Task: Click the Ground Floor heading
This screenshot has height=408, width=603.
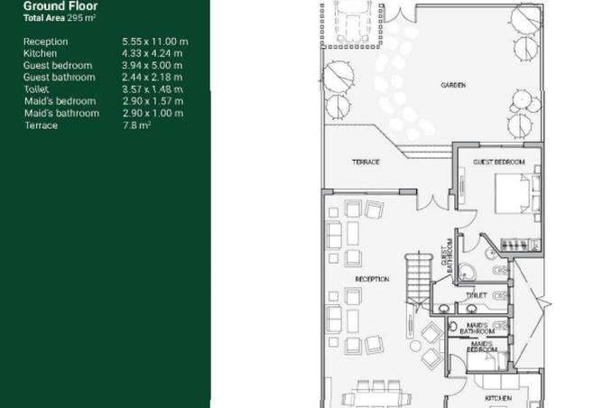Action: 60,5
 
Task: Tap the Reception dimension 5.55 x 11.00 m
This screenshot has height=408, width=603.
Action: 154,42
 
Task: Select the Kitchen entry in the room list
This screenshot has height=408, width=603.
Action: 40,53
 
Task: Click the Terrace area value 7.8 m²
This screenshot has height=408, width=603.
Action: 136,125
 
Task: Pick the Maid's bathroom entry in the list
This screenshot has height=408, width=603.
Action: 61,113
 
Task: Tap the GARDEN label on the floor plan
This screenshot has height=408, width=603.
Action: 453,86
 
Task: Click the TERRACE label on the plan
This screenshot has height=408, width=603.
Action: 365,162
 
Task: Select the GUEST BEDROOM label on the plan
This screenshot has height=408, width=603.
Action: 498,162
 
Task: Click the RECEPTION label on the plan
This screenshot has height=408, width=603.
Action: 372,280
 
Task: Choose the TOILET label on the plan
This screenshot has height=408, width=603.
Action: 476,295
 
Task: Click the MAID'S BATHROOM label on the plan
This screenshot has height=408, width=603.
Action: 477,328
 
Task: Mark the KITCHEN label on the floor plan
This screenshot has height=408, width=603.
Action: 497,398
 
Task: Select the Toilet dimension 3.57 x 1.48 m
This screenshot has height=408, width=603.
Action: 153,89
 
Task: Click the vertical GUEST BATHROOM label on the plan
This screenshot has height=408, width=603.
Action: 446,254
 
